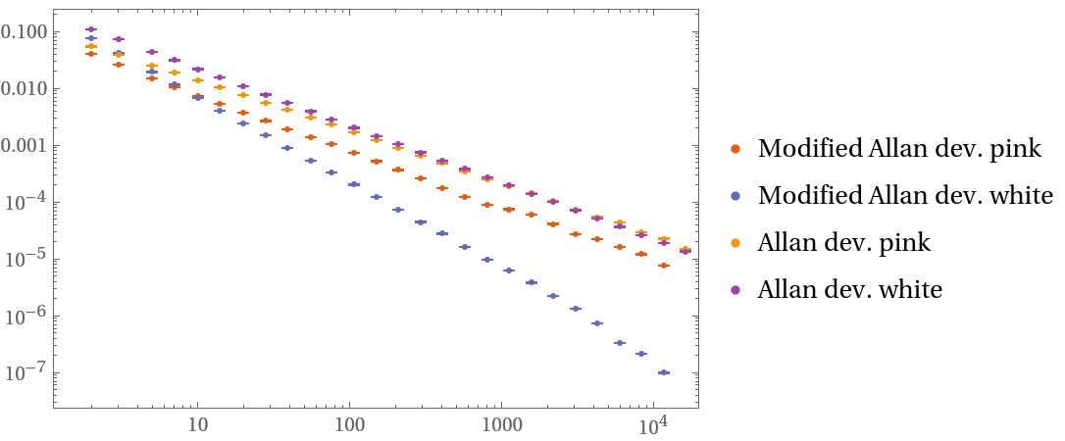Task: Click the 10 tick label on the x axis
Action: (x=197, y=426)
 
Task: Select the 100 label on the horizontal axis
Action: (x=349, y=426)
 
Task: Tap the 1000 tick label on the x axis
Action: (x=501, y=426)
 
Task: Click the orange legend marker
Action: (x=735, y=149)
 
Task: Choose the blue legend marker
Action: (x=735, y=196)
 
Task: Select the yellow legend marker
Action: (x=735, y=243)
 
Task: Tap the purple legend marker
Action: (x=735, y=290)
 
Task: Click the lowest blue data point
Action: (x=664, y=372)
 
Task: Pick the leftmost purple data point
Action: (x=91, y=29)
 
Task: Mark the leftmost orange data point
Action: (x=91, y=54)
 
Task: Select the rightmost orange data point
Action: (x=664, y=266)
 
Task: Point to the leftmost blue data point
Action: (x=91, y=38)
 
